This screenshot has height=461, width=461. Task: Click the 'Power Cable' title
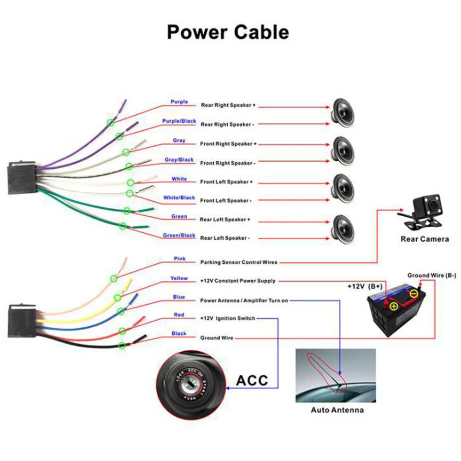pyautogui.click(x=228, y=32)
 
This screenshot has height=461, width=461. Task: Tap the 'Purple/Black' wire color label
pyautogui.click(x=179, y=121)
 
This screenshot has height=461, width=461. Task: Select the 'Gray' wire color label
pyautogui.click(x=179, y=141)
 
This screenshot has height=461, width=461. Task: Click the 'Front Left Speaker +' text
pyautogui.click(x=226, y=182)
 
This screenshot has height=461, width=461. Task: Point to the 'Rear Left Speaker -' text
pyautogui.click(x=225, y=238)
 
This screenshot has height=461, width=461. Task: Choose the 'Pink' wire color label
pyautogui.click(x=179, y=259)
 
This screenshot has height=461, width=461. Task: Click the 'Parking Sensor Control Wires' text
pyautogui.click(x=239, y=262)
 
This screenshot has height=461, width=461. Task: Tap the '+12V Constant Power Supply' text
pyautogui.click(x=237, y=281)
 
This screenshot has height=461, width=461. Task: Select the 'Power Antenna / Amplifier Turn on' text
pyautogui.click(x=244, y=301)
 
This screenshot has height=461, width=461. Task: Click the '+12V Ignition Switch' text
pyautogui.click(x=227, y=319)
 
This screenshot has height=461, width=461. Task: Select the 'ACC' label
pyautogui.click(x=252, y=381)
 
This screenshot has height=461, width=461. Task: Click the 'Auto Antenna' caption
pyautogui.click(x=337, y=410)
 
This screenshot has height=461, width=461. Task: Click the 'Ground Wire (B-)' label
pyautogui.click(x=431, y=276)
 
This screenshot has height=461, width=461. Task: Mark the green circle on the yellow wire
pyautogui.click(x=118, y=297)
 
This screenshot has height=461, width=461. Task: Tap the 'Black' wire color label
pyautogui.click(x=179, y=333)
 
